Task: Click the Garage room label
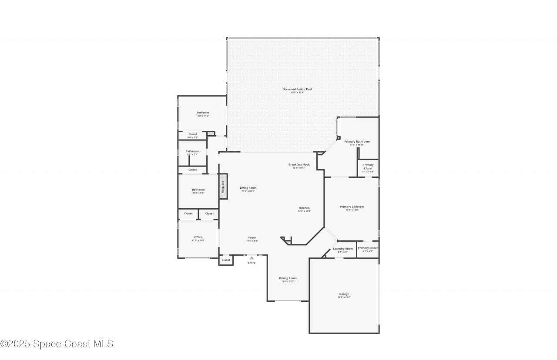coord(344,294)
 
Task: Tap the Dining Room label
coord(288,278)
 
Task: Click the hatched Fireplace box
coord(223,187)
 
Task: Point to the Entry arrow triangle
coord(252,258)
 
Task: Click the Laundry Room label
coord(343,249)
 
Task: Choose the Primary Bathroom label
coord(357,142)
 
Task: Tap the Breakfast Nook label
coord(299,165)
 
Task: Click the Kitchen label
coord(304,208)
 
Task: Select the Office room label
coord(198,237)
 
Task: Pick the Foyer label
coord(252,238)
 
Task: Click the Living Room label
coord(248,188)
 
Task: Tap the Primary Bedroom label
coord(352,207)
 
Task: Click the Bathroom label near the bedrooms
coord(192,151)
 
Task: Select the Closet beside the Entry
coord(226,260)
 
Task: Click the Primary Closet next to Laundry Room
coord(368,248)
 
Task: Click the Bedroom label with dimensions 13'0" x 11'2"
coord(202,113)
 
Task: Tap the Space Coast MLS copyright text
coord(57,344)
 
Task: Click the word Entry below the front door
coord(252,263)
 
